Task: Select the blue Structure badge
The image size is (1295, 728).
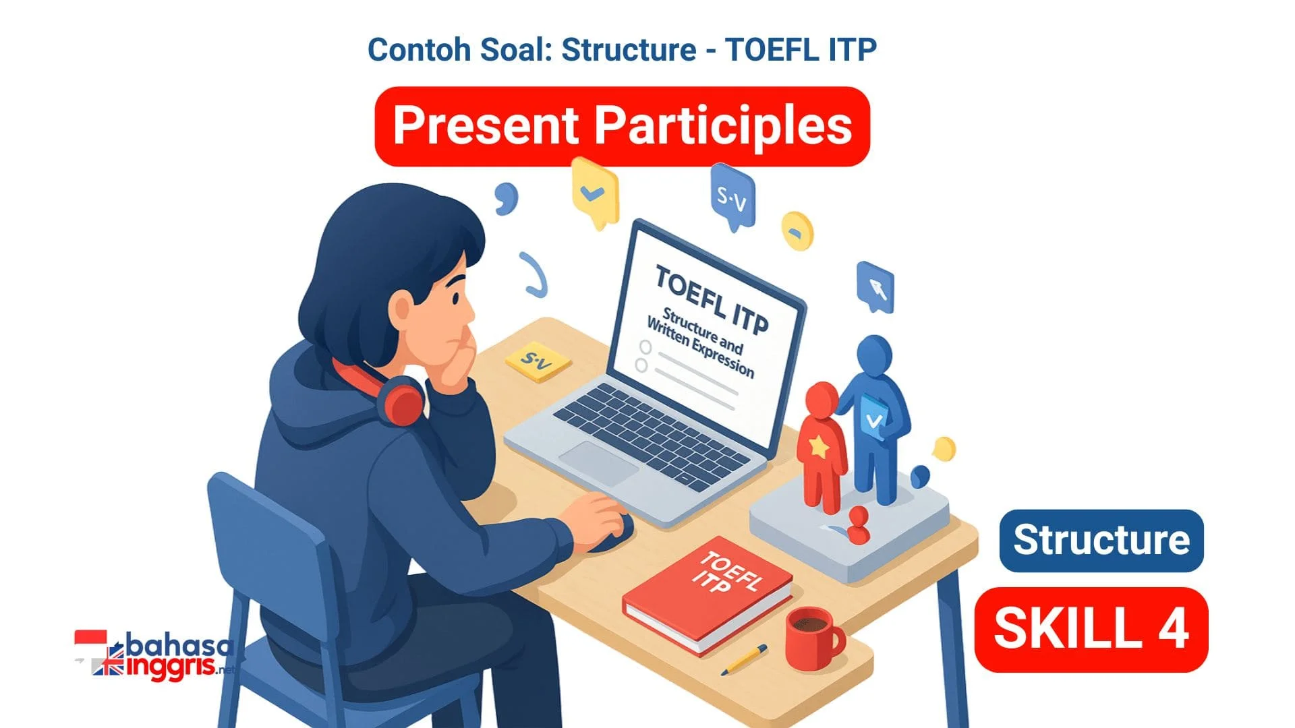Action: point(1101,541)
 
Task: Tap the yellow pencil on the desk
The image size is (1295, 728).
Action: point(744,659)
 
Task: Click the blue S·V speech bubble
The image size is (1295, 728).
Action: point(732,197)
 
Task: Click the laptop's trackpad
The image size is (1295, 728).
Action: point(598,463)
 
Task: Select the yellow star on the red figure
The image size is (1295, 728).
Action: point(818,446)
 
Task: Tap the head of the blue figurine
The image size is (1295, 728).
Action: point(875,356)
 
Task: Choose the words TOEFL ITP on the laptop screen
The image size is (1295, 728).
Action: point(712,301)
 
